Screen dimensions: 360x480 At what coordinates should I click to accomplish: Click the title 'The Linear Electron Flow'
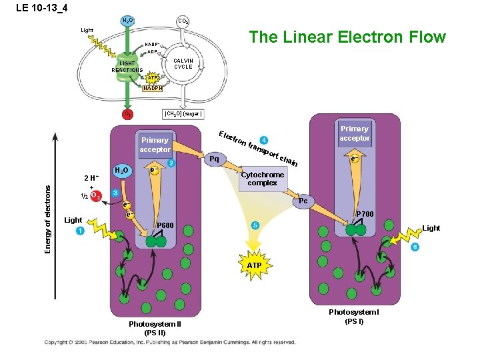(347, 37)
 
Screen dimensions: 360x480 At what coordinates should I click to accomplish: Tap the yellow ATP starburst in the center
(254, 265)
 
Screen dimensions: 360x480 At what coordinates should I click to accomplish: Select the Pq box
(214, 159)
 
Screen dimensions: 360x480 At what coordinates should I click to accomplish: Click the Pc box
(303, 201)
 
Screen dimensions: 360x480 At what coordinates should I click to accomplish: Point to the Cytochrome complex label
(262, 179)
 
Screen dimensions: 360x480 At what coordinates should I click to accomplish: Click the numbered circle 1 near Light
(80, 231)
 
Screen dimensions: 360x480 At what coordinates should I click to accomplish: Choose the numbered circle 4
(265, 140)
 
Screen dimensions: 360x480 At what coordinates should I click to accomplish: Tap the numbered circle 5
(255, 226)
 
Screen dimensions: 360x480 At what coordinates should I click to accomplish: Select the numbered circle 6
(415, 247)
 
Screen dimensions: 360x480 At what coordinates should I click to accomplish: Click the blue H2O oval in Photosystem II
(121, 171)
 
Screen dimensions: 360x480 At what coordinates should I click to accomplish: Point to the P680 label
(165, 227)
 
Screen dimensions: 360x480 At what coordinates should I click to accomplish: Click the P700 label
(365, 214)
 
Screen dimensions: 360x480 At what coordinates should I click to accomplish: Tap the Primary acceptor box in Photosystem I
(354, 133)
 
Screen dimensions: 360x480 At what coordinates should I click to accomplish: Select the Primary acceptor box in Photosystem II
(155, 145)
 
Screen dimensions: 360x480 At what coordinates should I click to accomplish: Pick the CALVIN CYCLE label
(183, 64)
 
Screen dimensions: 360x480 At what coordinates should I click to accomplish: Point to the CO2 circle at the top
(182, 21)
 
